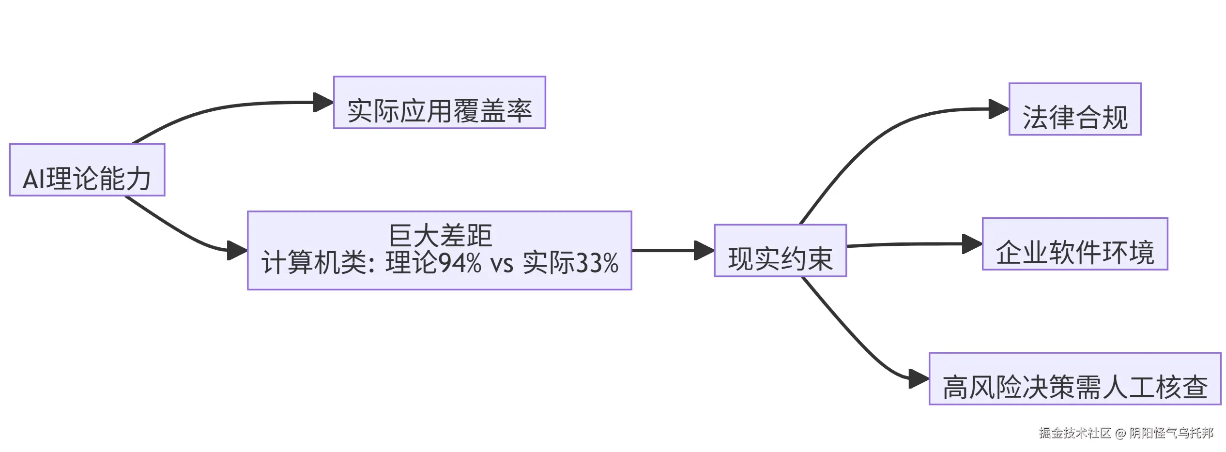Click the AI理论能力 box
click(87, 170)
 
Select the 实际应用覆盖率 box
click(439, 103)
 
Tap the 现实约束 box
click(780, 251)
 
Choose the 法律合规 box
click(1075, 109)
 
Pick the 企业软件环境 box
click(1075, 244)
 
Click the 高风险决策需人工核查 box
click(1074, 379)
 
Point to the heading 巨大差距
click(440, 236)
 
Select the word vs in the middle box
click(502, 264)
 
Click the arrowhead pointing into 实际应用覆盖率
click(323, 103)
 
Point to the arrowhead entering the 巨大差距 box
click(237, 251)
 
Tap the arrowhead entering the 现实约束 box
click(704, 251)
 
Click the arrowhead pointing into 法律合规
click(998, 109)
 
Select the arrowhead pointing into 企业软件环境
click(972, 244)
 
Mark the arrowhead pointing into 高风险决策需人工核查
click(919, 379)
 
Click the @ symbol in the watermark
click(1120, 434)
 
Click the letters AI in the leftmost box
click(34, 179)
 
